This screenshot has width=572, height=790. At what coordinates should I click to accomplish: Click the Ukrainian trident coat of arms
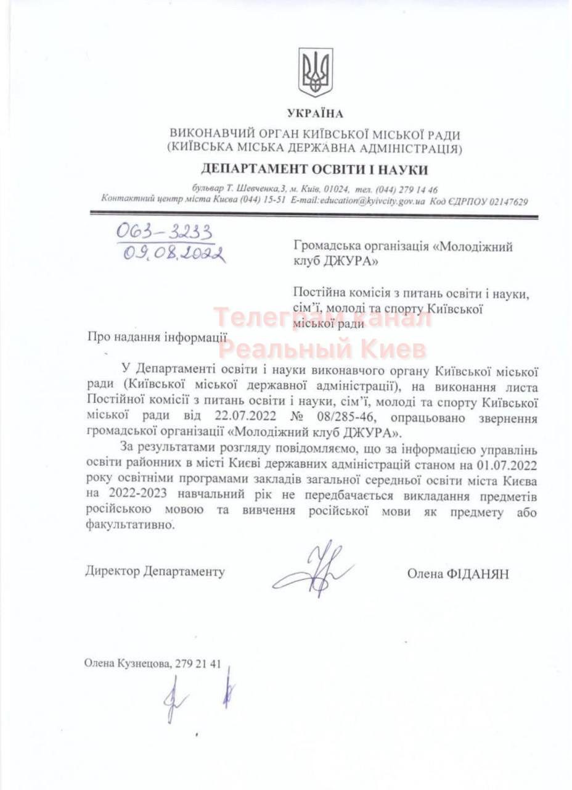coord(315,72)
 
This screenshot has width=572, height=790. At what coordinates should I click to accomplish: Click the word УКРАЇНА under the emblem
coord(315,114)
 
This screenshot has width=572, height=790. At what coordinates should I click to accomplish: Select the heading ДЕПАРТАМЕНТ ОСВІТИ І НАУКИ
coord(314,170)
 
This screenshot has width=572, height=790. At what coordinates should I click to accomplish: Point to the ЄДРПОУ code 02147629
coord(506,201)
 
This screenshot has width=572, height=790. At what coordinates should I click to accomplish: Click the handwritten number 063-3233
coord(165,232)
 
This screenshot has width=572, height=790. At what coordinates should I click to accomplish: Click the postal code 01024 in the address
coord(337,190)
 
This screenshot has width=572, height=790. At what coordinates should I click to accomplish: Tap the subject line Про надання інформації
coord(157,337)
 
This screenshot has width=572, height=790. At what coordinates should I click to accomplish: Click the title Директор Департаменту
coord(155,571)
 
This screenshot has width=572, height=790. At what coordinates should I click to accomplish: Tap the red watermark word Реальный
coord(286,349)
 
